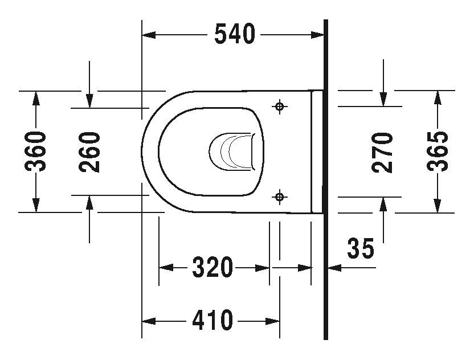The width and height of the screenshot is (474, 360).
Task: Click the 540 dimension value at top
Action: pos(234,35)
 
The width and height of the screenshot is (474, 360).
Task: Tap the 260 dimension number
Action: pos(90,152)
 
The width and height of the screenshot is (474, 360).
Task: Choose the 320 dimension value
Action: pos(213,267)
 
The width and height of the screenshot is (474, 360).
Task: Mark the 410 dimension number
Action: pos(213,321)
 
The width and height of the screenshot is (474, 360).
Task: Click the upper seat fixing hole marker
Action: pos(279,107)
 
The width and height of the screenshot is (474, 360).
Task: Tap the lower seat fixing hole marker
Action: pos(279,197)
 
